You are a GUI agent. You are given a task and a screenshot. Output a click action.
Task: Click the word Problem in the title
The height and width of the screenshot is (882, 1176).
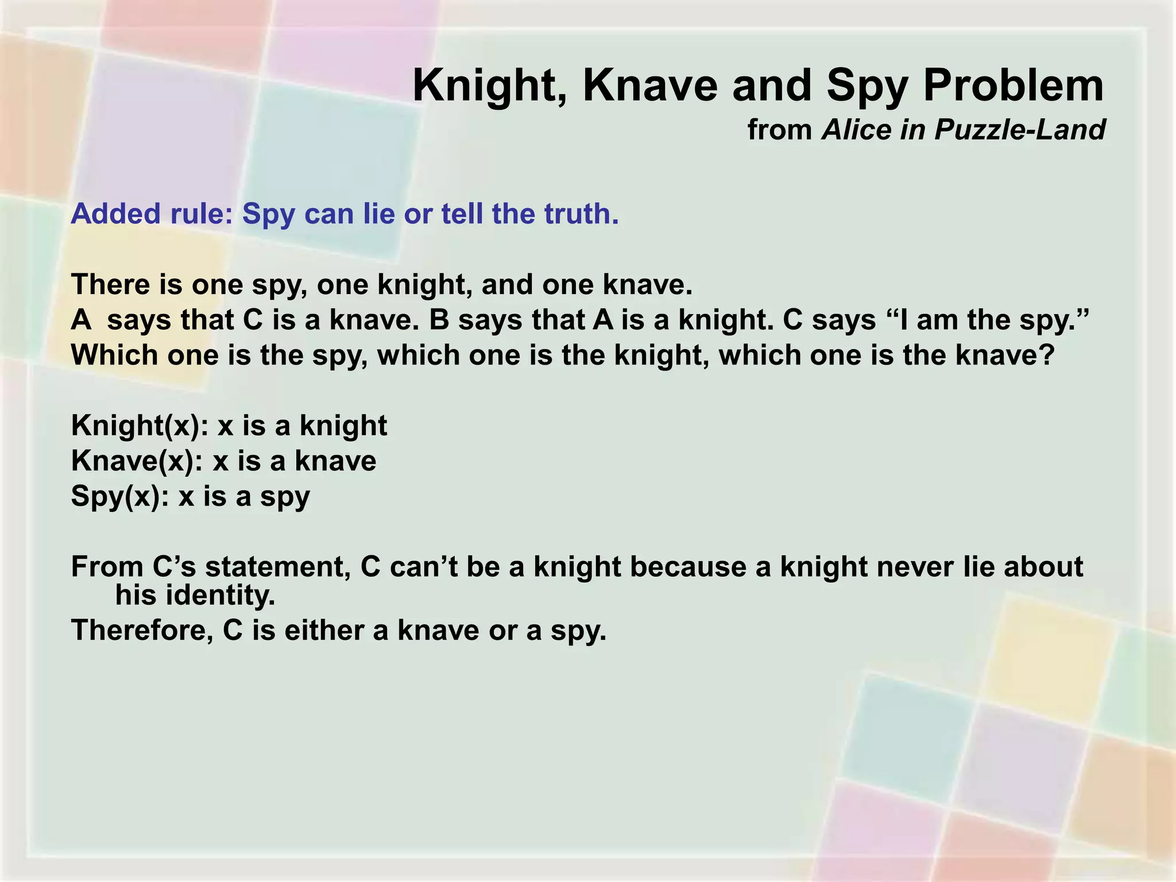pos(1013,86)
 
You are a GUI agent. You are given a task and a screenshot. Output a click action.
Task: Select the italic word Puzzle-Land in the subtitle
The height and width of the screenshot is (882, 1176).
pos(1019,130)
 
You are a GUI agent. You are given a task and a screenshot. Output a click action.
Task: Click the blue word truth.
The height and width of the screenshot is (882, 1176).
pos(581,214)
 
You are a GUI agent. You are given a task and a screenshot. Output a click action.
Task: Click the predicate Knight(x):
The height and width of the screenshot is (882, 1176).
pos(140,426)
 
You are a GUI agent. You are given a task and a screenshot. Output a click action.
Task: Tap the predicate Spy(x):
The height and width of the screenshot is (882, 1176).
pos(120,497)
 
